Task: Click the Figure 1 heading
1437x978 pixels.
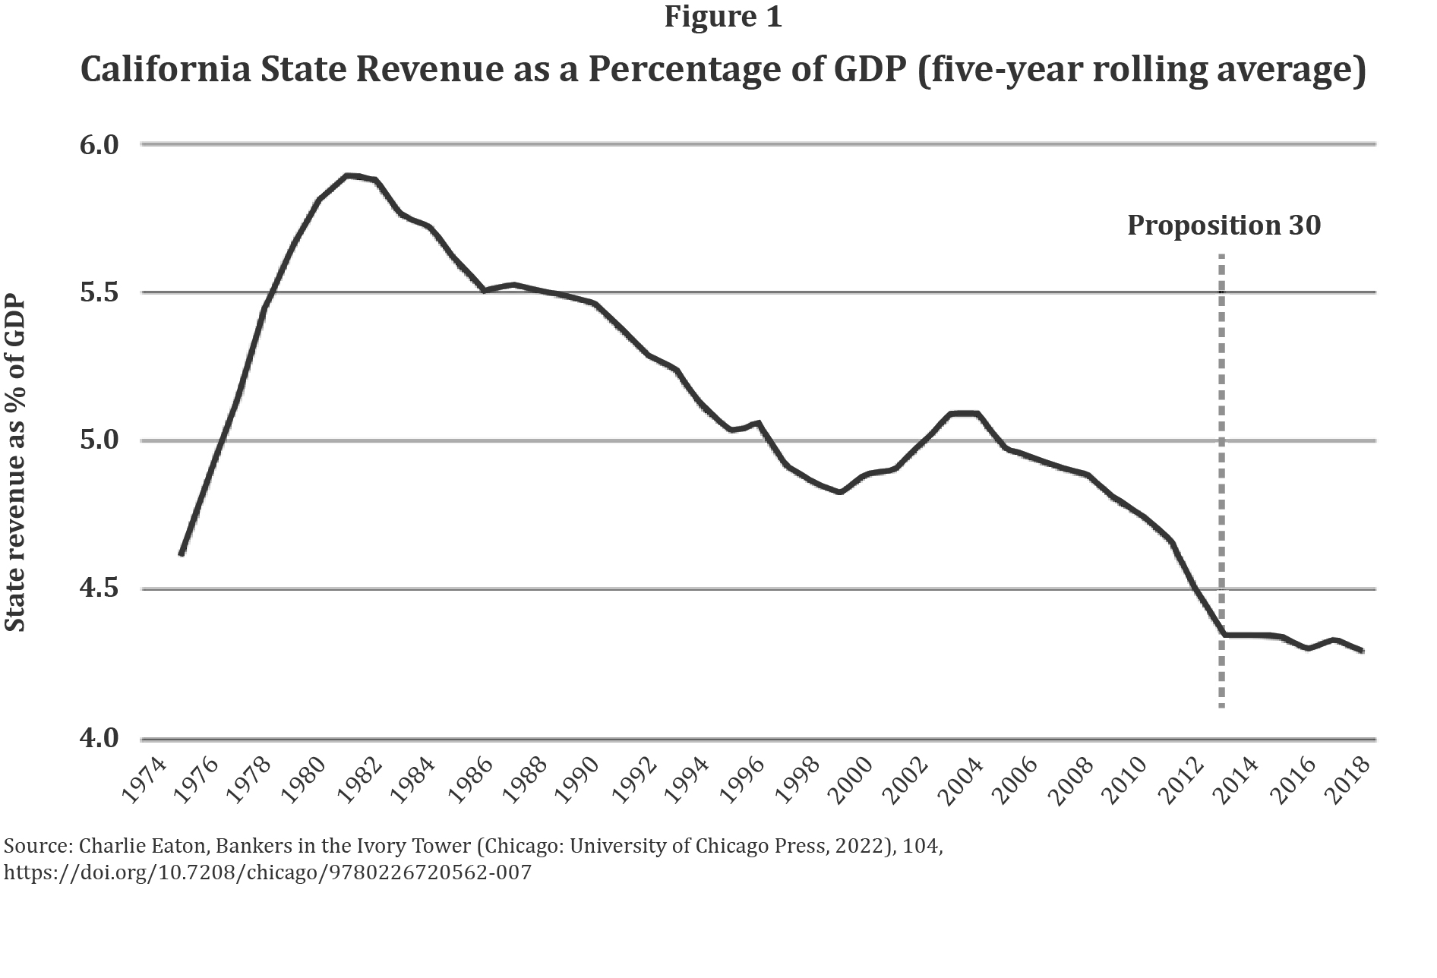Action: pos(722,17)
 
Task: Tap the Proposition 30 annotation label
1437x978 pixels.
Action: pos(1224,226)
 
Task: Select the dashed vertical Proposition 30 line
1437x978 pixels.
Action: pos(1221,486)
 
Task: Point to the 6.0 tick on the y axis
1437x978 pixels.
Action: pos(99,144)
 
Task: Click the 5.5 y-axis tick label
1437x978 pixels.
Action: pos(99,292)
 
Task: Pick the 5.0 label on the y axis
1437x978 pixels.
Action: pos(99,440)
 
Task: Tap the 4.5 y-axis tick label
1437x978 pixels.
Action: pos(99,589)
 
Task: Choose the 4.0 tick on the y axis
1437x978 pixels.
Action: pos(99,738)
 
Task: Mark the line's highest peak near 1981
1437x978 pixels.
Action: pos(348,175)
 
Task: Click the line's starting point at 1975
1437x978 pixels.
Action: pos(182,554)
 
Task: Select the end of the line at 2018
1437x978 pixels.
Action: pos(1363,651)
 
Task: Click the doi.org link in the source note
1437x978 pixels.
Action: pos(267,872)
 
